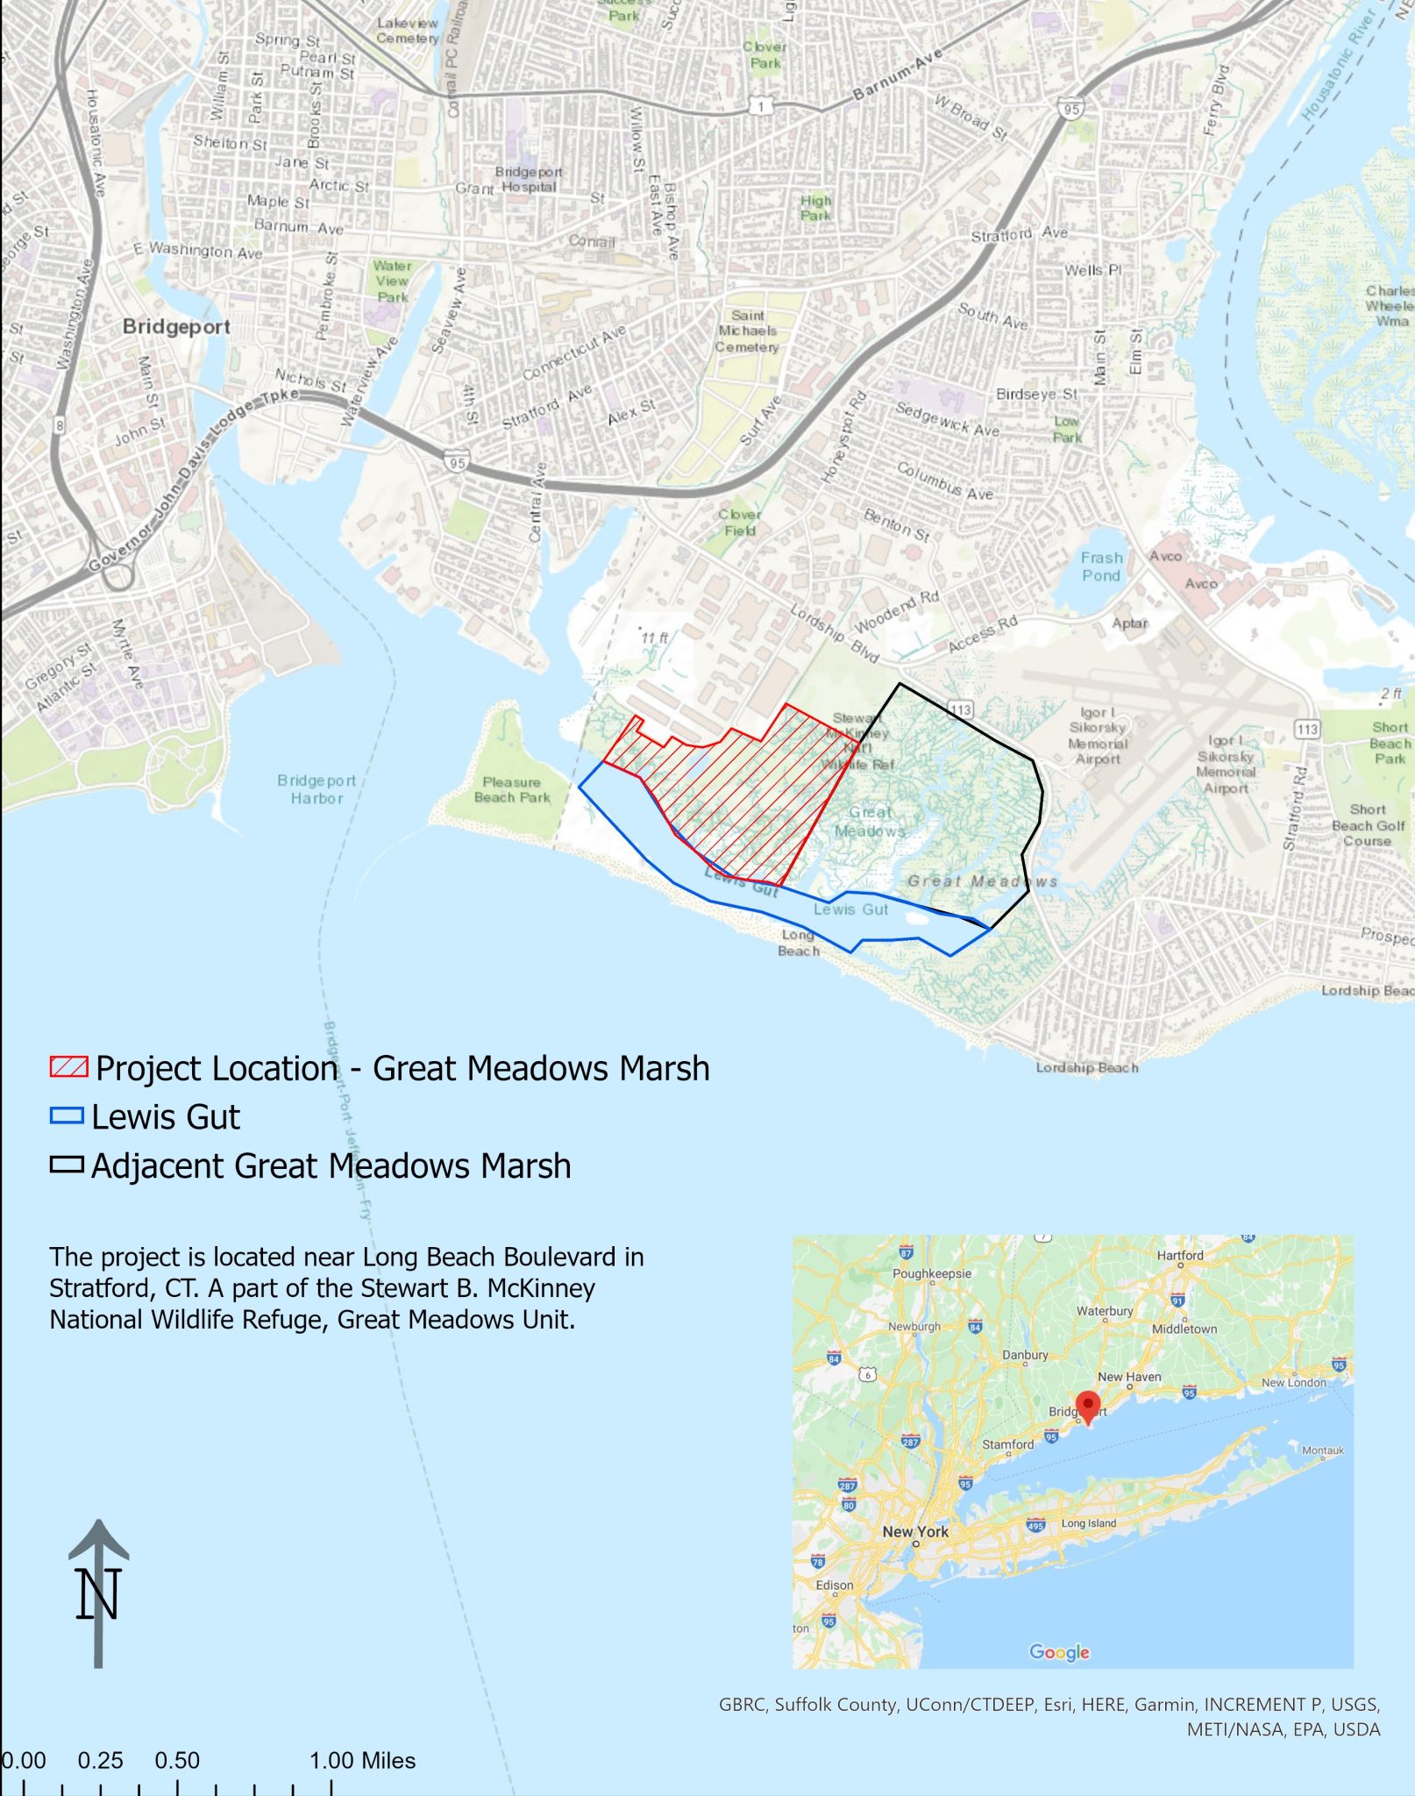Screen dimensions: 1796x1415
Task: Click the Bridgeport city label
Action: [176, 327]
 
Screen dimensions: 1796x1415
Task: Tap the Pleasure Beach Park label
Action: [511, 789]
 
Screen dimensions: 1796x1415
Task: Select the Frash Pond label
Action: [1101, 567]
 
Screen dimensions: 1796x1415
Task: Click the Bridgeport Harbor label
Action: [316, 789]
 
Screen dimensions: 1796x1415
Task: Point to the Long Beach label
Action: [798, 943]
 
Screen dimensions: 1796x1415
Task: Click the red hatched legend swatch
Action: [68, 1067]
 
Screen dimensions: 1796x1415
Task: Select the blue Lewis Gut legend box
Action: [67, 1116]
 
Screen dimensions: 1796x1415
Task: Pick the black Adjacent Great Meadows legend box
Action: [67, 1165]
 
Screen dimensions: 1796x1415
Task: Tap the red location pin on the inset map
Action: [1087, 1405]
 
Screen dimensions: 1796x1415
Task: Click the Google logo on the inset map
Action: [1059, 1652]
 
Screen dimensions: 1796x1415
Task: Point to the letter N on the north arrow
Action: [97, 1593]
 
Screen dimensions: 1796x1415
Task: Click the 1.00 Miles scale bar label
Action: [362, 1760]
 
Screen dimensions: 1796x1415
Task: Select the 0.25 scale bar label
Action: [100, 1760]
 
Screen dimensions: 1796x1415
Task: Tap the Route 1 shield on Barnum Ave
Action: [761, 106]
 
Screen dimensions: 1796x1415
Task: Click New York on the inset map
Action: [915, 1531]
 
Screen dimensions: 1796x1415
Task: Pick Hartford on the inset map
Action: [1180, 1255]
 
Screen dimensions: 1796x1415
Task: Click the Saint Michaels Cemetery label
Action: [747, 331]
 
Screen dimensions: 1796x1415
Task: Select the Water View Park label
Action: [392, 281]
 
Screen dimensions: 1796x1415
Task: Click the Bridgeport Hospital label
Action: [529, 179]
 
